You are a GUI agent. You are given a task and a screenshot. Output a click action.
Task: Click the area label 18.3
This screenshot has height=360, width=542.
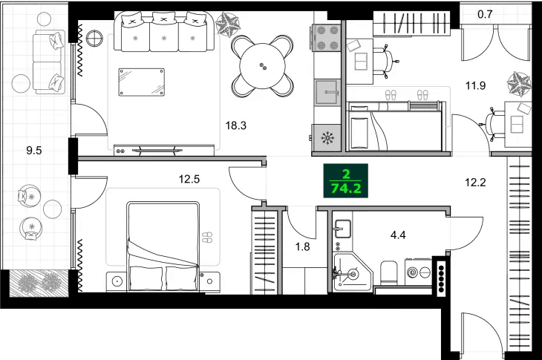pyautogui.click(x=236, y=125)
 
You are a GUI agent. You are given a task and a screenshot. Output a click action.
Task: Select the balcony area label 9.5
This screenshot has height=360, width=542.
pyautogui.click(x=33, y=149)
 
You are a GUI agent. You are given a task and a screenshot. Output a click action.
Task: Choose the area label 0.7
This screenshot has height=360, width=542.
pyautogui.click(x=485, y=13)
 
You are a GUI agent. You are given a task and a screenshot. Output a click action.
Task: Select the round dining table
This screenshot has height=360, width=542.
pyautogui.click(x=262, y=66)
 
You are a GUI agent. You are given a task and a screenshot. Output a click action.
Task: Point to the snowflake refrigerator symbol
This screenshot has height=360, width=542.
pyautogui.click(x=326, y=137)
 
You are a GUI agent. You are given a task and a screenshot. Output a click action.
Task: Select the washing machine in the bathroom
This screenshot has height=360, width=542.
pyautogui.click(x=417, y=272)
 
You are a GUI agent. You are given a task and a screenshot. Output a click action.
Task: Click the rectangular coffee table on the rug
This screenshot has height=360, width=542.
pyautogui.click(x=141, y=81)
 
